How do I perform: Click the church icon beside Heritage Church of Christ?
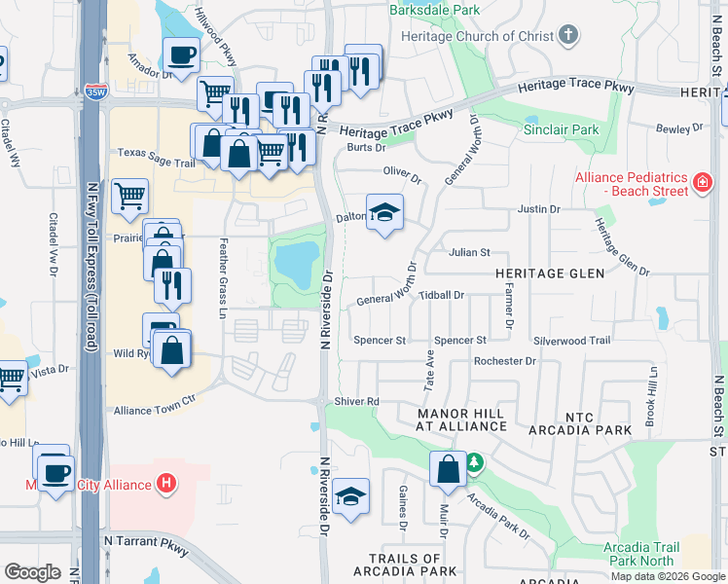coord(568,36)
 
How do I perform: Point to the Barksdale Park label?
coord(434,11)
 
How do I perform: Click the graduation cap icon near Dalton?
coord(384,212)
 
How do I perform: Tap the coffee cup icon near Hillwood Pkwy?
coord(181,54)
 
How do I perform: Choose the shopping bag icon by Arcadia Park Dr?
coord(448,469)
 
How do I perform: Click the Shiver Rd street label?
coord(357,401)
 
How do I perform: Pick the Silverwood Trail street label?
coord(571,341)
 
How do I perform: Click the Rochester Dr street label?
coord(504,361)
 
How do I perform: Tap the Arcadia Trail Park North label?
coord(642,554)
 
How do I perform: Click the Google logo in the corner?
coord(32,572)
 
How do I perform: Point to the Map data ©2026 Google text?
coord(668,576)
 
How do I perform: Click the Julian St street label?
coord(469,252)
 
